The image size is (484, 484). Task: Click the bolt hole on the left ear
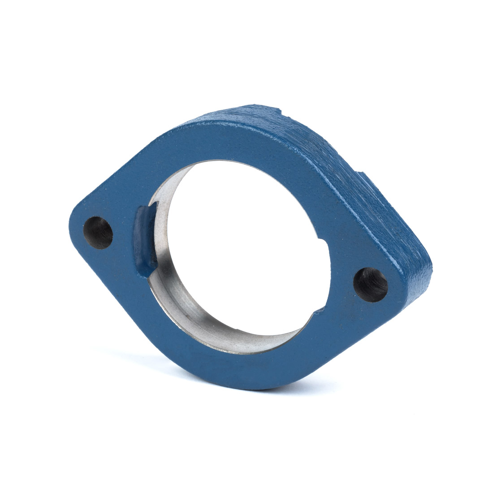98,233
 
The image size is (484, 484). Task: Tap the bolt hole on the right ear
371,285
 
